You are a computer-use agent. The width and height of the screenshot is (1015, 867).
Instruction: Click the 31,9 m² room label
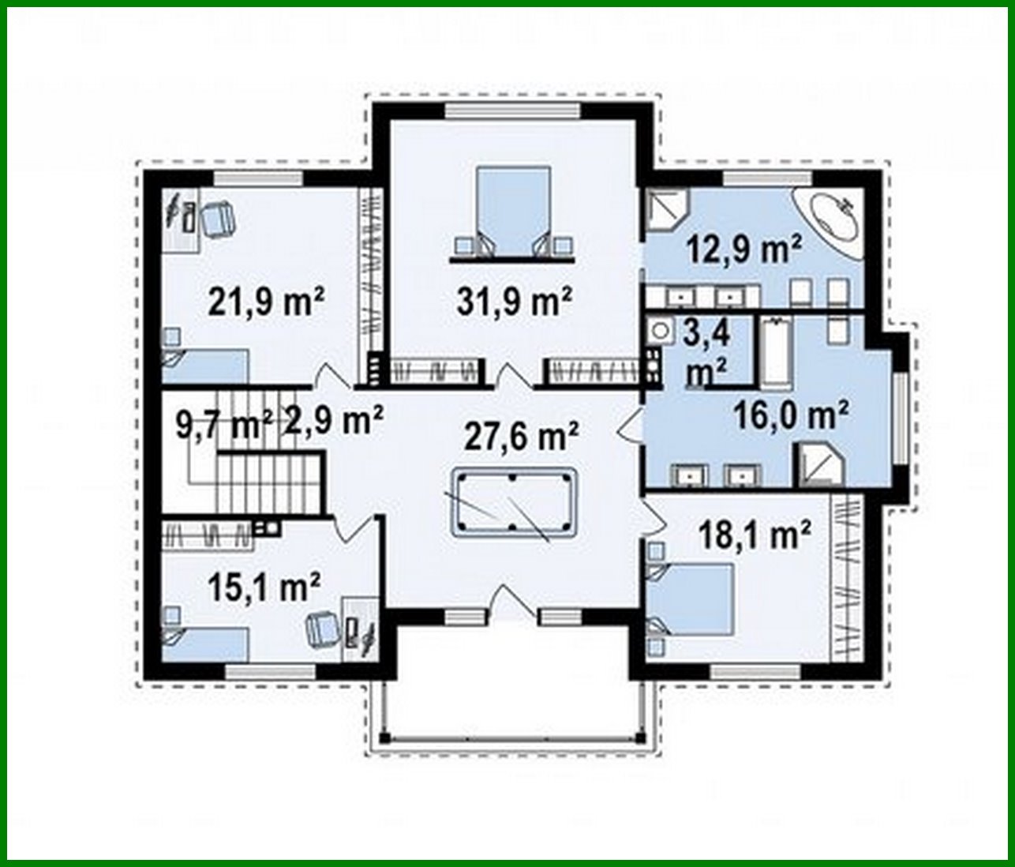514,301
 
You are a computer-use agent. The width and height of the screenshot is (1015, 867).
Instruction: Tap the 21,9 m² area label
266,301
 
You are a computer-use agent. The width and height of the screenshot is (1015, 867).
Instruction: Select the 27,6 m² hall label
521,435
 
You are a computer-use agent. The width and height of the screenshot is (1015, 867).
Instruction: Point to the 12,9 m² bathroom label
744,250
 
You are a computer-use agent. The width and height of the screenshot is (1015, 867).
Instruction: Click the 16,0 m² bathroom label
791,415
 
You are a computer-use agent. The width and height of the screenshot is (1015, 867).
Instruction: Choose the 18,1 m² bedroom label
755,536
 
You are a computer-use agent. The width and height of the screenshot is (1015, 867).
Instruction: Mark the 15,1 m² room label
264,587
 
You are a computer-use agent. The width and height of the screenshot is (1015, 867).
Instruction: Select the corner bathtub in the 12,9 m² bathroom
831,217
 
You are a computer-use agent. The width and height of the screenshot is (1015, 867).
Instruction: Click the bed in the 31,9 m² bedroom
512,210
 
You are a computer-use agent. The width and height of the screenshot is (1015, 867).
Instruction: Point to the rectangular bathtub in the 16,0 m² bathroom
775,353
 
